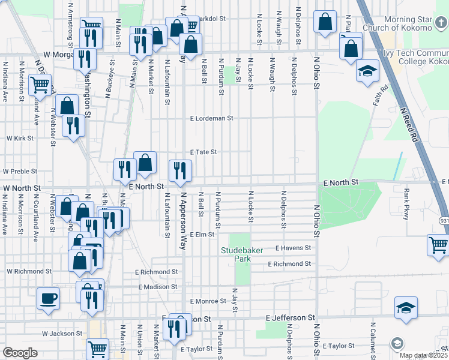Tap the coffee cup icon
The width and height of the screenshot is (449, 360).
pyautogui.click(x=48, y=298)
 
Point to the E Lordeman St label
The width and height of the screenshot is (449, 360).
pyautogui.click(x=211, y=118)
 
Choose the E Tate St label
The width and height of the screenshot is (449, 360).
pyautogui.click(x=203, y=152)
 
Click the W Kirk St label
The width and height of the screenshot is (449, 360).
pyautogui.click(x=20, y=138)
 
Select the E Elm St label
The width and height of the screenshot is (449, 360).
pyautogui.click(x=202, y=234)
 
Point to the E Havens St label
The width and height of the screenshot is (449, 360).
pyautogui.click(x=294, y=248)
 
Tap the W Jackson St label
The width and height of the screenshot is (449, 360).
pyautogui.click(x=62, y=333)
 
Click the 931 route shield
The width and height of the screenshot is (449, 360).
pyautogui.click(x=442, y=221)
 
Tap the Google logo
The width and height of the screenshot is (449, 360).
pyautogui.click(x=20, y=353)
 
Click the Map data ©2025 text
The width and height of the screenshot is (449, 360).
pyautogui.click(x=422, y=355)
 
